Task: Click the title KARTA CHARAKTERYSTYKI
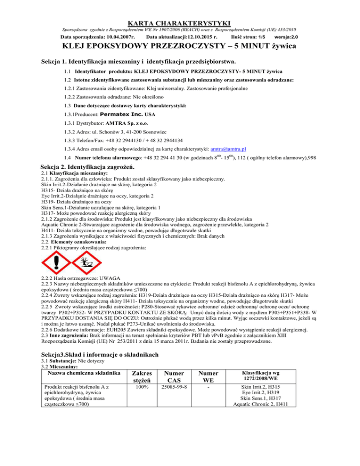point(180,9)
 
